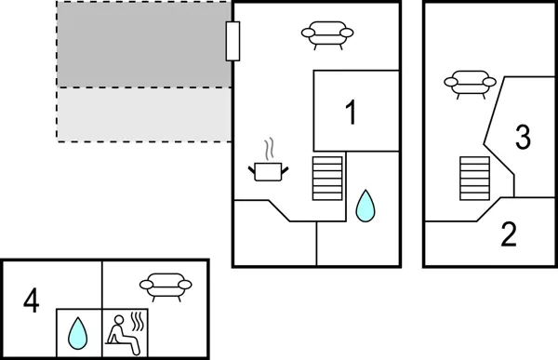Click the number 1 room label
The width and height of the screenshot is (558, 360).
(x=351, y=113)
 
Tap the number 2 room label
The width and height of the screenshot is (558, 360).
(x=508, y=235)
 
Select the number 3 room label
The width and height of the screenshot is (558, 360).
(x=523, y=138)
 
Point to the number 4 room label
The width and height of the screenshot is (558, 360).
(x=32, y=301)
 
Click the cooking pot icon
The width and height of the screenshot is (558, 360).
(x=269, y=170)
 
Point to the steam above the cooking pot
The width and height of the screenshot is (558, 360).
(x=270, y=149)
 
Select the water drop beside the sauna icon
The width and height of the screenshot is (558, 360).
(x=78, y=330)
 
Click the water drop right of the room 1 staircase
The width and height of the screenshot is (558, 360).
(x=366, y=206)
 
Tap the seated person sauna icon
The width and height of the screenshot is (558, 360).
(x=121, y=331)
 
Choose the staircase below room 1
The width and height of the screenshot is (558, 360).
(x=328, y=177)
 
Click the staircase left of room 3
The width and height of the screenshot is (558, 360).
(x=474, y=179)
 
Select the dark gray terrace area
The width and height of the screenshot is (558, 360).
(x=143, y=45)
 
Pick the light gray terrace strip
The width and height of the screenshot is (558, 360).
(x=143, y=114)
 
